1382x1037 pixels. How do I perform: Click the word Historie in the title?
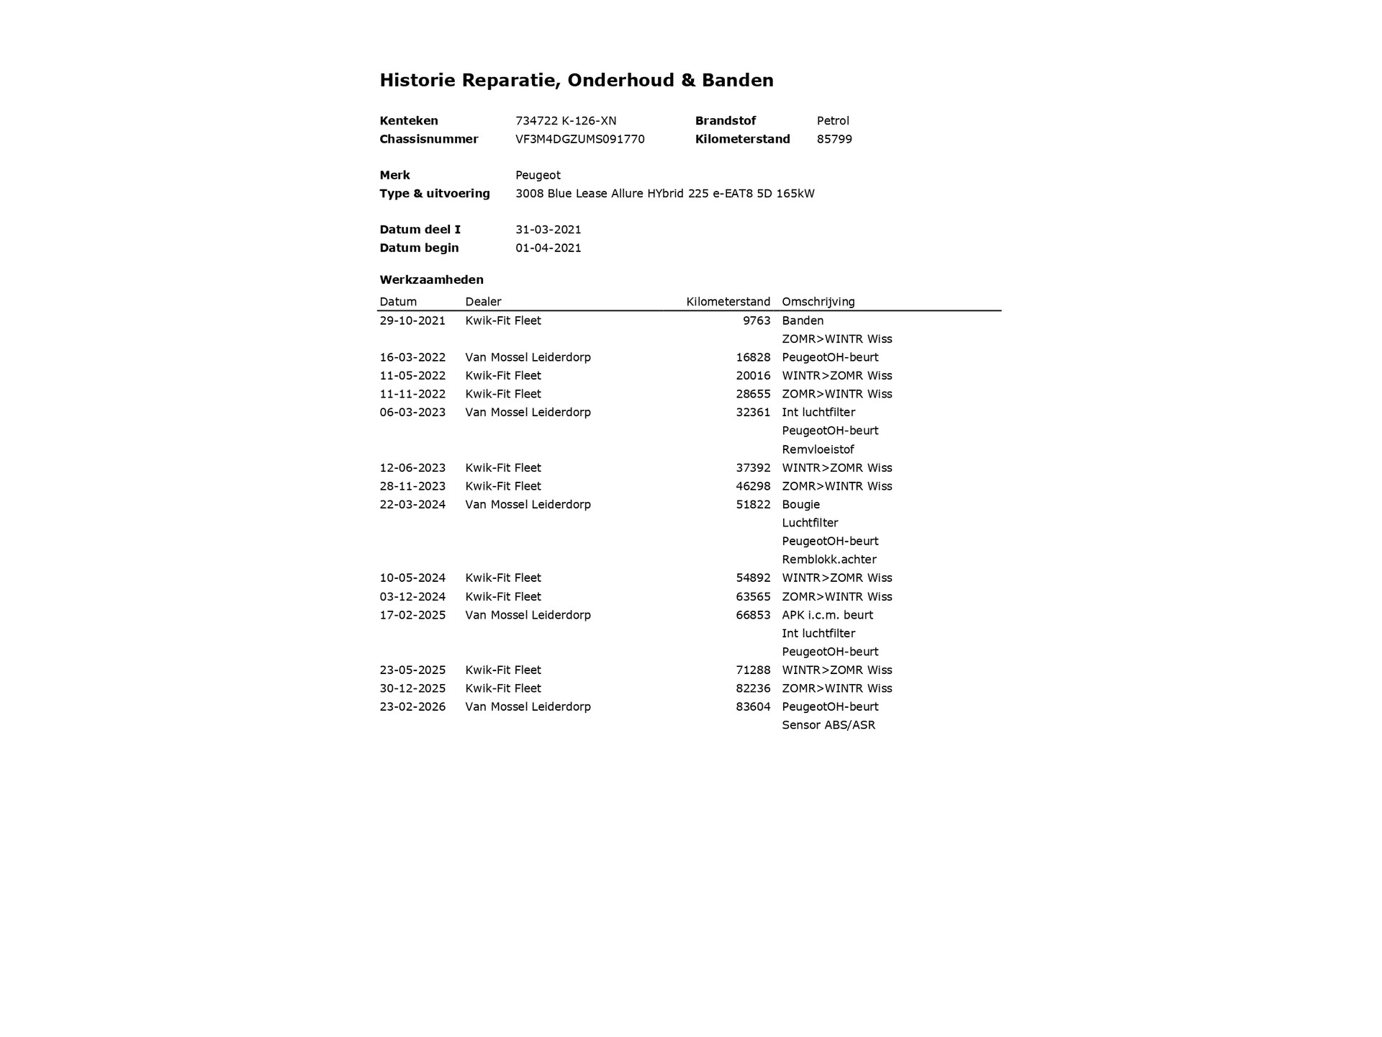point(417,80)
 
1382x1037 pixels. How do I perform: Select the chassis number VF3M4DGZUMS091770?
point(579,139)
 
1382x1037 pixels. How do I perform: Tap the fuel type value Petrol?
point(833,121)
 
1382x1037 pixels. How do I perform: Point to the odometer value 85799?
point(834,139)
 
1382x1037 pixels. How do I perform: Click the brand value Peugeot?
point(538,175)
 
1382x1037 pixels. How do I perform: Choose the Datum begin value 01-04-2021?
point(548,248)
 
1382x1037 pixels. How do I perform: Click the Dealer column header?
point(483,302)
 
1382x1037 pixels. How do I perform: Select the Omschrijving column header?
point(818,302)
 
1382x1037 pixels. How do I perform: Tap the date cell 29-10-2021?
point(412,320)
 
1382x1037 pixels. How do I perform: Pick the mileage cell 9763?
point(757,320)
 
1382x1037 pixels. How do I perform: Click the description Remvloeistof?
point(818,449)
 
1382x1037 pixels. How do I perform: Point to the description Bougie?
point(800,504)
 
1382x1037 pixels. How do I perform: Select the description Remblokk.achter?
point(828,560)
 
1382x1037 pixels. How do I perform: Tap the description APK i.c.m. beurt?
point(827,615)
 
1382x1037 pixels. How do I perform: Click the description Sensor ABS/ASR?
point(828,725)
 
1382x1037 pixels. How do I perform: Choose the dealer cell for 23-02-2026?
point(528,706)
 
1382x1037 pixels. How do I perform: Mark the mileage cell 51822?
point(753,504)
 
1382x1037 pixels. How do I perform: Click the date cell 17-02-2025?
point(412,615)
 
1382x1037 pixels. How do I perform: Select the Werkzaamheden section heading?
point(431,279)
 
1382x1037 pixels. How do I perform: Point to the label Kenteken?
point(408,121)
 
